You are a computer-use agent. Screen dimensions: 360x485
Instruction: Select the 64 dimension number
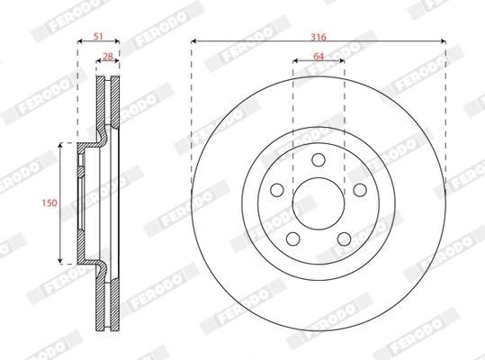tap(319, 56)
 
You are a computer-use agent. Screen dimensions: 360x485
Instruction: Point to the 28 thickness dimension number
tap(108, 56)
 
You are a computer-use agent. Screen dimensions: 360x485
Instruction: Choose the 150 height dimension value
tap(50, 203)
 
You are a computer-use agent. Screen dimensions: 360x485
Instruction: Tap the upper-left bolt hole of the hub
tap(278, 189)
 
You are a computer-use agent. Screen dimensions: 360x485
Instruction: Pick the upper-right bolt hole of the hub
tap(359, 189)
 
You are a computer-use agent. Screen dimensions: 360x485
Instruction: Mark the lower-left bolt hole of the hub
tap(293, 237)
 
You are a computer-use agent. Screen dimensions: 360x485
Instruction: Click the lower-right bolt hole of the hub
tap(344, 237)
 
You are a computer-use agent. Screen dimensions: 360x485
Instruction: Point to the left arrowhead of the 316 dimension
tap(194, 42)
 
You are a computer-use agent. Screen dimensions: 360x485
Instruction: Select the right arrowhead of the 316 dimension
tap(443, 42)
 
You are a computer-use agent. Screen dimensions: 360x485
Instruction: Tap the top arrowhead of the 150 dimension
tap(60, 144)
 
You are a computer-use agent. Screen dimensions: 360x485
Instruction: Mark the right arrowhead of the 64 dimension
tap(341, 61)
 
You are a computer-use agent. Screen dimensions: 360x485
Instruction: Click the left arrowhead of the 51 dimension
tap(80, 42)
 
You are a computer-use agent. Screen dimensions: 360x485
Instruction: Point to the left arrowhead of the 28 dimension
tap(99, 61)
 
